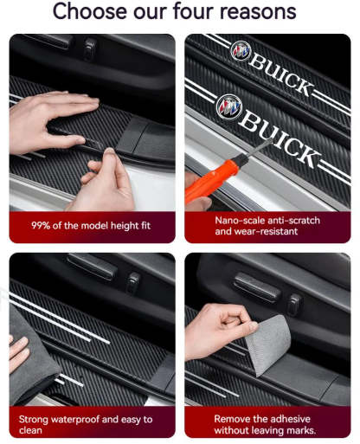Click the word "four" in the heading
pyautogui.click(x=183, y=13)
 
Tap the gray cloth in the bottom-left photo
pyautogui.click(x=35, y=355)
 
